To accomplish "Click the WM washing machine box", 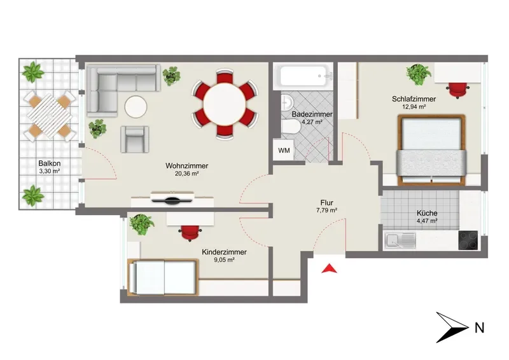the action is coord(284,150).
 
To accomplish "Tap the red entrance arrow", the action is coord(329,268).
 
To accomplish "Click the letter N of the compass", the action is coord(480,328).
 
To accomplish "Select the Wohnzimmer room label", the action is coord(186,165).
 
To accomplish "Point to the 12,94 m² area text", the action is coord(414,106).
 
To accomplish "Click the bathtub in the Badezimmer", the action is coord(303,76).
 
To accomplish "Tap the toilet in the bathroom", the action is coord(291,127).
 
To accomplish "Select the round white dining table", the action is coord(225,104).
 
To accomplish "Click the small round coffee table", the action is coord(136,107).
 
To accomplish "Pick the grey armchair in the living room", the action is coord(135,139).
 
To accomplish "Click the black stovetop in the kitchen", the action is coord(468,240).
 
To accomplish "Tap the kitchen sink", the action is coord(400,240).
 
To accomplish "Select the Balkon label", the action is coord(50,163).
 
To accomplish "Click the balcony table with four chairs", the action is coord(50,116).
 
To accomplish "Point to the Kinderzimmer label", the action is coord(224,252).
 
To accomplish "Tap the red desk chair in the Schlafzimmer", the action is coord(457,90).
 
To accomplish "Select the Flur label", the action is coord(326,203).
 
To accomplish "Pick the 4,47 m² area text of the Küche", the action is coord(427,221).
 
